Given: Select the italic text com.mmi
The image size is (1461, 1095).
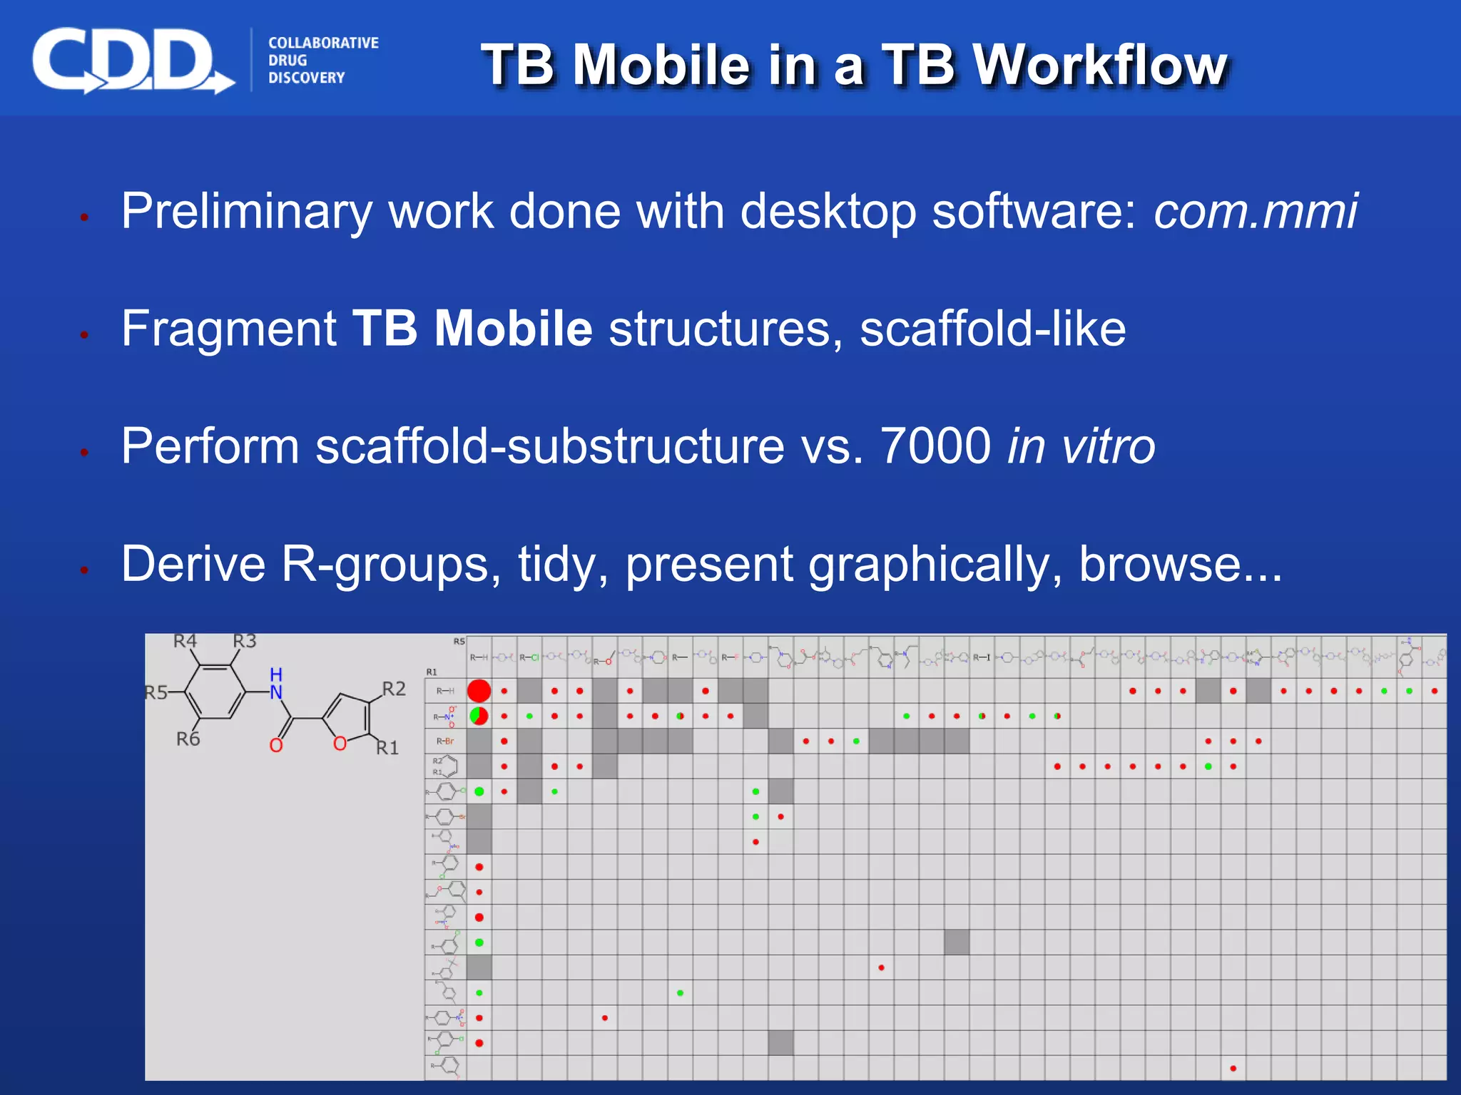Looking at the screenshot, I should pyautogui.click(x=1256, y=211).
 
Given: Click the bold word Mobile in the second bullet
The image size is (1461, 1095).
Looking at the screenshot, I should pyautogui.click(x=513, y=329).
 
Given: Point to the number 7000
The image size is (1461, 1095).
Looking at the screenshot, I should pyautogui.click(x=935, y=446).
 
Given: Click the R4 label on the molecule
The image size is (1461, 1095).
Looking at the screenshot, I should pyautogui.click(x=185, y=641).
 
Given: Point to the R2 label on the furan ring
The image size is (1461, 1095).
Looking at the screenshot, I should pyautogui.click(x=394, y=689).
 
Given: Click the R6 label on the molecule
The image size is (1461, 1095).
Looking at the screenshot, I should pyautogui.click(x=188, y=739).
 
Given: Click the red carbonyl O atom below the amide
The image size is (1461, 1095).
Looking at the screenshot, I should pyautogui.click(x=276, y=746).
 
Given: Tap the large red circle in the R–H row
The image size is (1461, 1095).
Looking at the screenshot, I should pyautogui.click(x=479, y=691).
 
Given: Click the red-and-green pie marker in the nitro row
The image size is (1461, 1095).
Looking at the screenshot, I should pyautogui.click(x=479, y=716).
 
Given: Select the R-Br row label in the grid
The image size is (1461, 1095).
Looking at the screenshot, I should pyautogui.click(x=445, y=741).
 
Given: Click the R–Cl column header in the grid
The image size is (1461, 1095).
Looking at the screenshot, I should pyautogui.click(x=529, y=657).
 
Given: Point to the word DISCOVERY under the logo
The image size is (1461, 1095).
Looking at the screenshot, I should pyautogui.click(x=306, y=78).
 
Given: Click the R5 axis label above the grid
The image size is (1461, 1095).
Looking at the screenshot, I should pyautogui.click(x=459, y=642).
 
